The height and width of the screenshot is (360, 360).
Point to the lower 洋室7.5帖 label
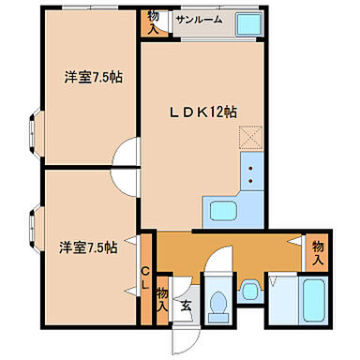88,247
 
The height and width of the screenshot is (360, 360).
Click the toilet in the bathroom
218,303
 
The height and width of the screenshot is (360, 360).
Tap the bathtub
314,304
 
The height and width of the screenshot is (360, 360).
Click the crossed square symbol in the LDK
247,138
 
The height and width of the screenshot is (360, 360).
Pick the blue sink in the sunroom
247,24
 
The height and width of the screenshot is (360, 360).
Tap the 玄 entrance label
187,305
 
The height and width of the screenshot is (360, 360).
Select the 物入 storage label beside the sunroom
153,22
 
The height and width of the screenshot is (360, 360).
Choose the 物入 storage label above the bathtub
318,250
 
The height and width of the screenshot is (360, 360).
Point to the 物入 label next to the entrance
162,299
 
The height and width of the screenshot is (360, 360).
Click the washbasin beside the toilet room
249,292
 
